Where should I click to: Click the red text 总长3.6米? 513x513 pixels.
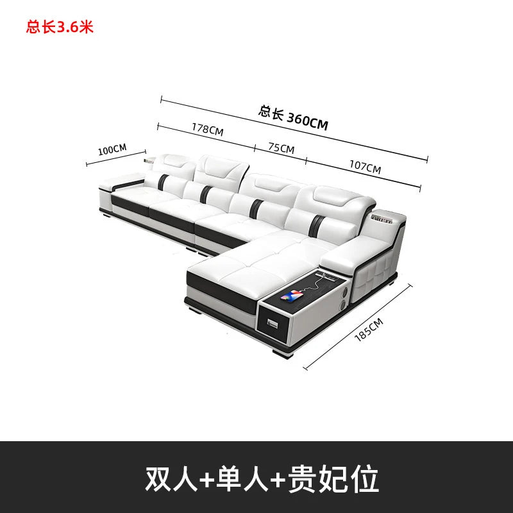(x=60, y=27)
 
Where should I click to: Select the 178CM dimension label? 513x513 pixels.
(x=207, y=130)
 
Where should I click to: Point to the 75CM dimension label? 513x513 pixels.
(x=281, y=148)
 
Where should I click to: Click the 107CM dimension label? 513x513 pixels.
(x=365, y=167)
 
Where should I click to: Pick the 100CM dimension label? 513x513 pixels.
(x=112, y=149)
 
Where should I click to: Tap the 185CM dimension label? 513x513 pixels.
(x=369, y=330)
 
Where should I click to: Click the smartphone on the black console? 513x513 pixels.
(x=292, y=295)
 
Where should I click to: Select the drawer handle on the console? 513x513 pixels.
(x=272, y=324)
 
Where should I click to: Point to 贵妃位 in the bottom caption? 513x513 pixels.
(x=333, y=478)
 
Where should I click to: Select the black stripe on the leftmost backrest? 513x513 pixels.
(x=163, y=182)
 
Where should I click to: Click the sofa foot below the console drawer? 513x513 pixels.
(x=283, y=354)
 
